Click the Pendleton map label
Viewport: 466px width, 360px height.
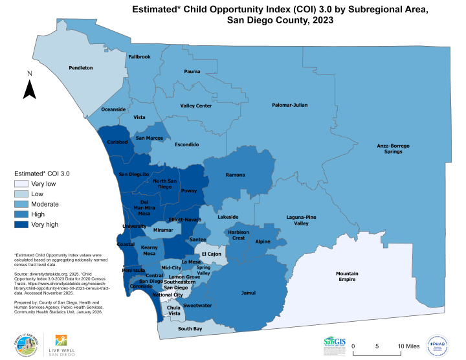coord(81,67)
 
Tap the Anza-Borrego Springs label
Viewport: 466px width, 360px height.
coord(394,149)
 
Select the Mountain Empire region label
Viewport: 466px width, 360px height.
coord(347,276)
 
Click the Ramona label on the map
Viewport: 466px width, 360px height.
coord(235,175)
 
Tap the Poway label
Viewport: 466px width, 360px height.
coord(189,191)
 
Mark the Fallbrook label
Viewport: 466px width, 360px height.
coord(139,57)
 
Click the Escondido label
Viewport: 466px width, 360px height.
coord(186,144)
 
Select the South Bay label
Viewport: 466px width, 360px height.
coord(190,329)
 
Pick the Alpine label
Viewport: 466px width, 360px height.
coord(263,242)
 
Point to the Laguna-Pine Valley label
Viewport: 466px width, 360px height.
coord(301,220)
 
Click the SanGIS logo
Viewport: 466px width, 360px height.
coord(334,343)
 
